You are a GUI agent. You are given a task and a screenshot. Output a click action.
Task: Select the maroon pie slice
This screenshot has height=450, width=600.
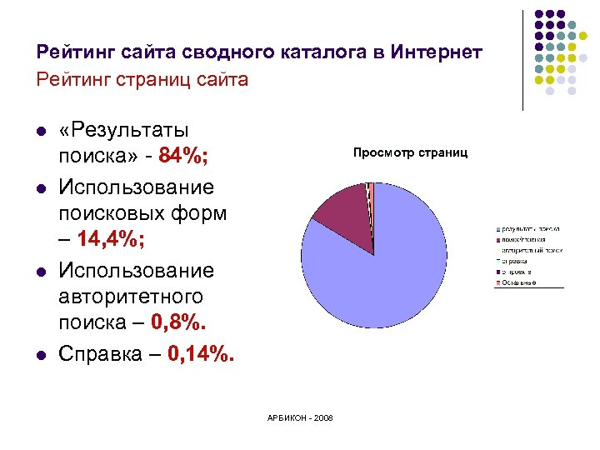[342, 217]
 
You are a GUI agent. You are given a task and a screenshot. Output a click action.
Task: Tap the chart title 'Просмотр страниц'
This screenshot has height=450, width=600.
[410, 152]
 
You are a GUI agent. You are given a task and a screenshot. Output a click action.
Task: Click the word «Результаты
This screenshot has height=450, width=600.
[123, 130]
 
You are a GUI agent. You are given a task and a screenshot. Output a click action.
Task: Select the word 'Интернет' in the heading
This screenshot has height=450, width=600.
[437, 52]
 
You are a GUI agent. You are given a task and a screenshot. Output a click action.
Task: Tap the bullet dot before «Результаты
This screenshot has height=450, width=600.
[39, 132]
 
